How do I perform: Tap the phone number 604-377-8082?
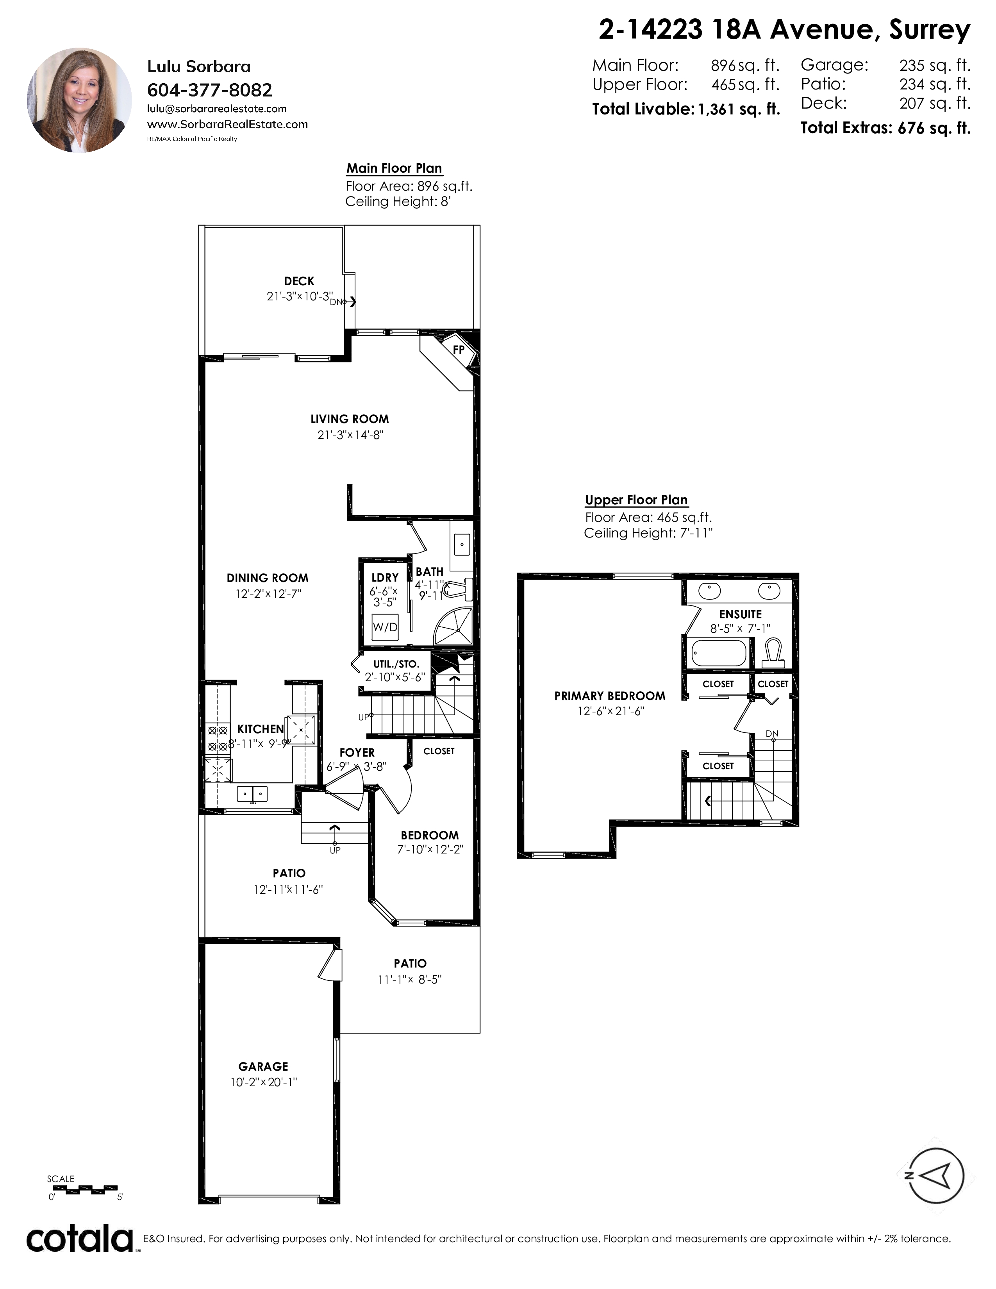209,90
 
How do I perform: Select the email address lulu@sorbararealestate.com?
216,109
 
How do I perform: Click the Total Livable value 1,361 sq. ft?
739,109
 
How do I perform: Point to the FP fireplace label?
459,350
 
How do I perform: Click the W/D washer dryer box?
385,627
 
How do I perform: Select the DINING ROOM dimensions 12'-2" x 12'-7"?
268,594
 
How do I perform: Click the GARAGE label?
263,1066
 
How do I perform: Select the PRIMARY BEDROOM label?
610,696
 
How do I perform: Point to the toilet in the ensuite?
773,653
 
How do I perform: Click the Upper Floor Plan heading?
636,500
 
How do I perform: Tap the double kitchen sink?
253,794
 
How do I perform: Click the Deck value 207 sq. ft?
935,103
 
